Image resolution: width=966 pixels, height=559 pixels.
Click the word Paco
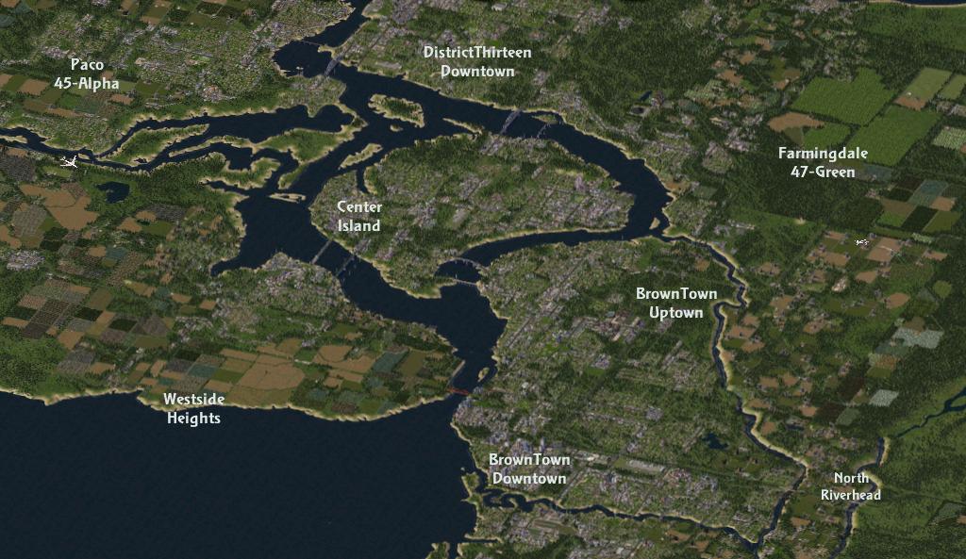[87, 65]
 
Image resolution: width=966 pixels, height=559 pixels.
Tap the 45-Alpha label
[87, 83]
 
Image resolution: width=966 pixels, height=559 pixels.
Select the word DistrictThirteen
[477, 53]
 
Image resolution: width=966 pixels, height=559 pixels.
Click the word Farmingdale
[823, 154]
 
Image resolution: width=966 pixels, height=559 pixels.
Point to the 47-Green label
[823, 172]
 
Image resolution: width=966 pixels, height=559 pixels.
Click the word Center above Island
[359, 207]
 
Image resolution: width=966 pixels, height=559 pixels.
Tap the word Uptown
[676, 312]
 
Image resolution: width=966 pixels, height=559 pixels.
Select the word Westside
[193, 400]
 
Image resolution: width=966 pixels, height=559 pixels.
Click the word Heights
[193, 418]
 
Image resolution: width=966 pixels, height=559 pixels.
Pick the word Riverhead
[851, 495]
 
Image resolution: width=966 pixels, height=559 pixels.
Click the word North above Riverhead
[851, 478]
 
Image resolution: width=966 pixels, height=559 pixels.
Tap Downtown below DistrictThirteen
[477, 71]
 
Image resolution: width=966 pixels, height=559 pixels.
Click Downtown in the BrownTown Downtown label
[529, 478]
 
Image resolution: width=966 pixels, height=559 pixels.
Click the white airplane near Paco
[69, 162]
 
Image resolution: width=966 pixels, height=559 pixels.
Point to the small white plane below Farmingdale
[861, 242]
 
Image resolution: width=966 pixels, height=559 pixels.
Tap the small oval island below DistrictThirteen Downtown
[397, 107]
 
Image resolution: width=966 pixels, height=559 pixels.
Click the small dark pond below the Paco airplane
[112, 191]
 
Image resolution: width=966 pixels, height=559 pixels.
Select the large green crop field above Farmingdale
[841, 97]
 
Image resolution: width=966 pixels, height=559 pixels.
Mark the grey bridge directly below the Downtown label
[510, 121]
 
